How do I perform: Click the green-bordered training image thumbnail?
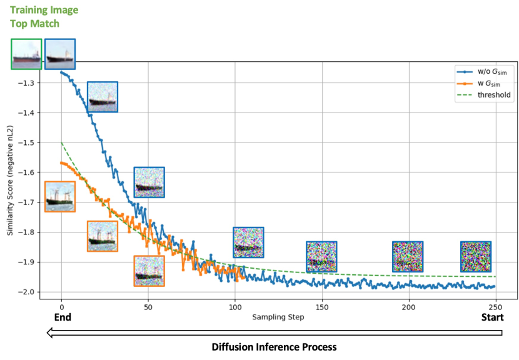click(x=26, y=54)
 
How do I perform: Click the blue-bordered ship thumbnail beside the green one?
click(x=60, y=54)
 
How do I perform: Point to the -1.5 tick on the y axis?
click(x=41, y=142)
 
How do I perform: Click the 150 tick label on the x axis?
click(x=322, y=307)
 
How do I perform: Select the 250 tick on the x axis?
click(x=495, y=307)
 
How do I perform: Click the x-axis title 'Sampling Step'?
click(x=278, y=317)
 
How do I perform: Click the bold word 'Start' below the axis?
click(x=493, y=317)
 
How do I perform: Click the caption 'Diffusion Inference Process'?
click(x=274, y=347)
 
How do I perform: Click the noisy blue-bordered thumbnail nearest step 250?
click(x=476, y=256)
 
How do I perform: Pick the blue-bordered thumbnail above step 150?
click(x=321, y=256)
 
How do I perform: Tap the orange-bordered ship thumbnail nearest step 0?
click(x=60, y=196)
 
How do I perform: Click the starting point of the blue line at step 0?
click(x=61, y=72)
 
